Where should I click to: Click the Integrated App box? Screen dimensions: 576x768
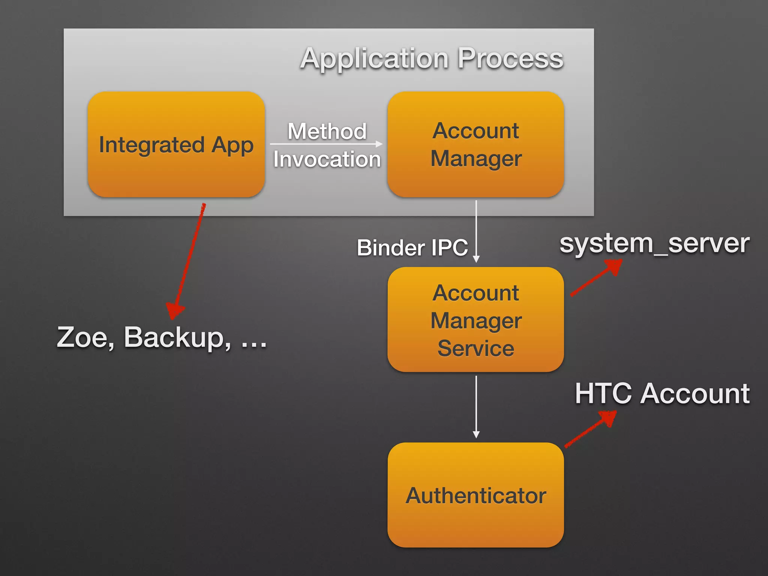pyautogui.click(x=176, y=144)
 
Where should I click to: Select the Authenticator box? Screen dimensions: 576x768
pyautogui.click(x=475, y=495)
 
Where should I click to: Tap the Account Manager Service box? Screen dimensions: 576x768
pyautogui.click(x=475, y=319)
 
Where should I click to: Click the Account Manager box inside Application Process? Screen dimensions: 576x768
pyautogui.click(x=475, y=144)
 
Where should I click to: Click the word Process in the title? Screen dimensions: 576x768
pyautogui.click(x=510, y=59)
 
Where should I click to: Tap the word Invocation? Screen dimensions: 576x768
pyautogui.click(x=327, y=159)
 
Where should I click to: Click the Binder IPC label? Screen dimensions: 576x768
pyautogui.click(x=412, y=247)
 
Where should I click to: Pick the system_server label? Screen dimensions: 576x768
pyautogui.click(x=654, y=243)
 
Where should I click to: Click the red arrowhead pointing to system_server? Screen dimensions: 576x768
pyautogui.click(x=613, y=267)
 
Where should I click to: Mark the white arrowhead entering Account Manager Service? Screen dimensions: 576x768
pyautogui.click(x=476, y=259)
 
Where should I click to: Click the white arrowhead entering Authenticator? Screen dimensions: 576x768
pyautogui.click(x=476, y=435)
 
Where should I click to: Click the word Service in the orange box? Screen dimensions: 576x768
pyautogui.click(x=475, y=348)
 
